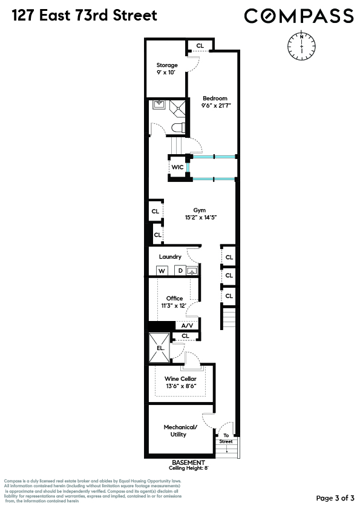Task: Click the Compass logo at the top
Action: pyautogui.click(x=299, y=15)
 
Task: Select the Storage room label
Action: pyautogui.click(x=167, y=65)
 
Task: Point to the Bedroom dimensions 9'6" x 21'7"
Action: pyautogui.click(x=216, y=105)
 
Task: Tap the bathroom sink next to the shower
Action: pyautogui.click(x=159, y=105)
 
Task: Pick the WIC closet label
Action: pyautogui.click(x=177, y=167)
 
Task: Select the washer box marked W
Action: pyautogui.click(x=162, y=271)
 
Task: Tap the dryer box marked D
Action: pyautogui.click(x=180, y=271)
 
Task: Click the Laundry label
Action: pyautogui.click(x=170, y=257)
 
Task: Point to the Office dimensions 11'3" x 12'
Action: pyautogui.click(x=174, y=306)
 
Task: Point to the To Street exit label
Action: pyautogui.click(x=226, y=438)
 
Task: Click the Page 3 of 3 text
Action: pyautogui.click(x=335, y=498)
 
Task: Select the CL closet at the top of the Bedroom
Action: pyautogui.click(x=200, y=46)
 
